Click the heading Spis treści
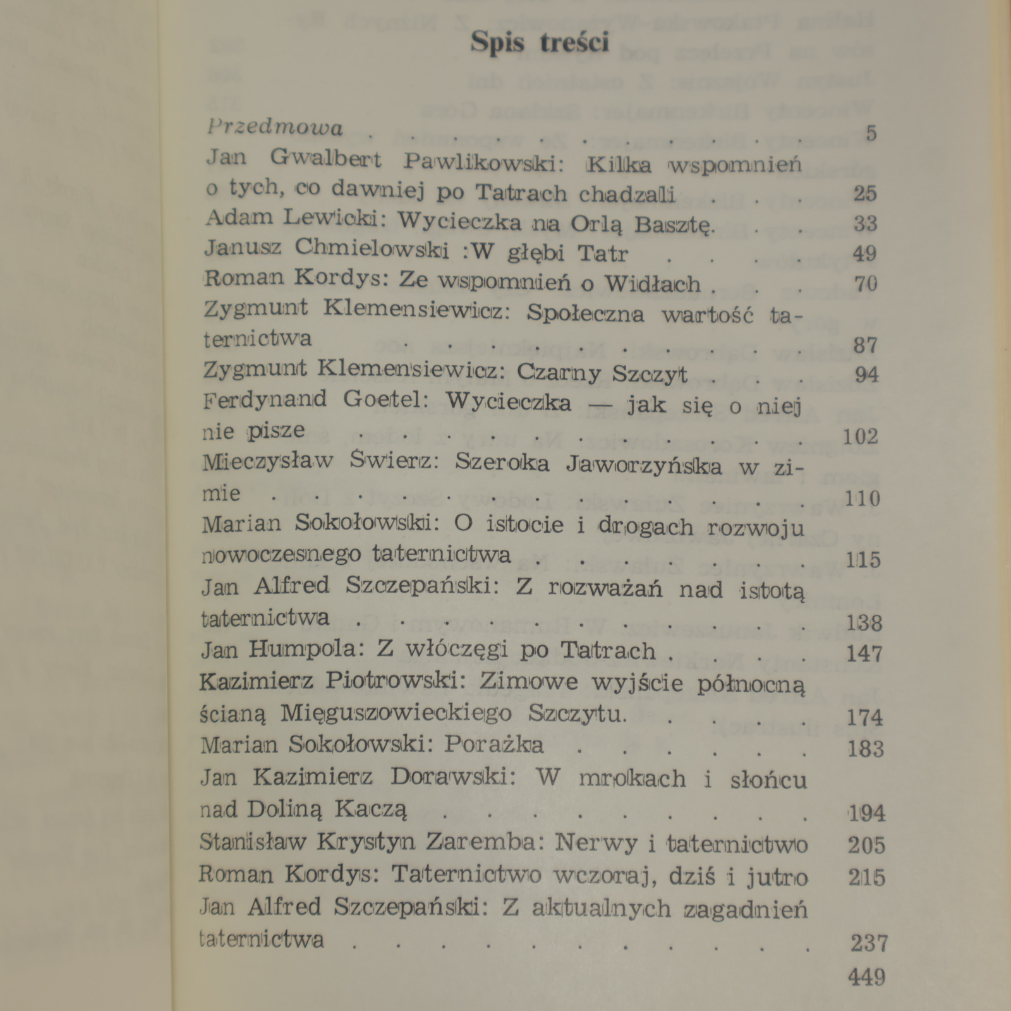[x=540, y=43]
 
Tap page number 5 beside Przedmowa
[x=871, y=133]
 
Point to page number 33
[x=865, y=224]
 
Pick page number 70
[x=866, y=284]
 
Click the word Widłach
[x=653, y=284]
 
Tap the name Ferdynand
[x=265, y=400]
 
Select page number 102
[x=861, y=437]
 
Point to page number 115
[x=863, y=559]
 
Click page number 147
[x=864, y=653]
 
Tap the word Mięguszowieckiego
[x=396, y=713]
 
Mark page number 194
[x=866, y=813]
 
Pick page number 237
[x=869, y=943]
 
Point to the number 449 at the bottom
[x=867, y=978]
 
